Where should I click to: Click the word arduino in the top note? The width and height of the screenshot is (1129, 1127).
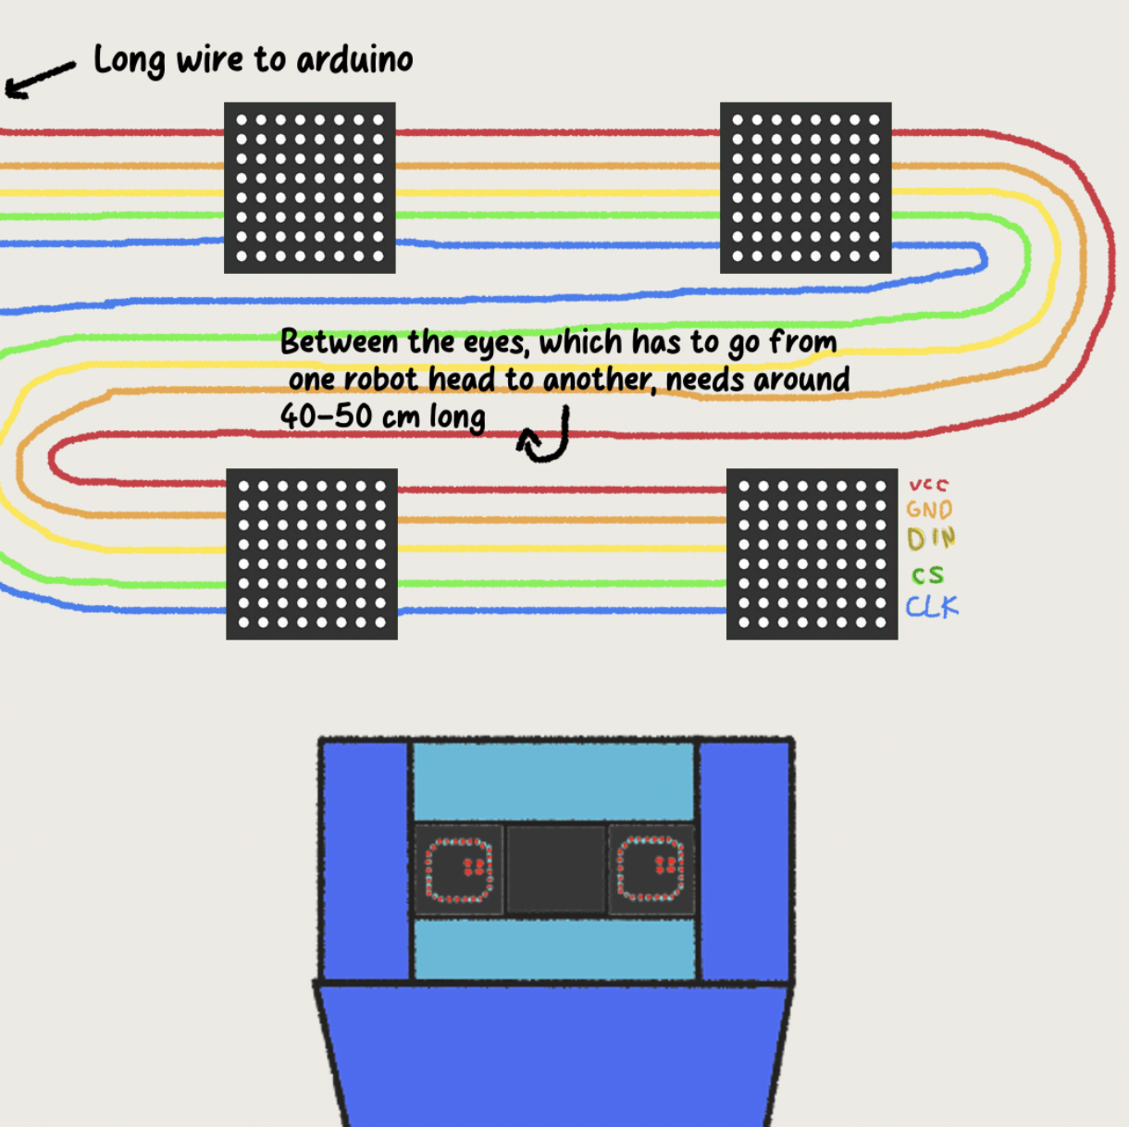click(x=354, y=61)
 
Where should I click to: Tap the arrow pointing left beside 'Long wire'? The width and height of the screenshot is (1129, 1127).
click(x=39, y=80)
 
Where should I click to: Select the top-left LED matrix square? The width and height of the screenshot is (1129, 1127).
click(x=310, y=188)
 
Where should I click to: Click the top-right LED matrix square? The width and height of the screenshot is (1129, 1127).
click(x=805, y=188)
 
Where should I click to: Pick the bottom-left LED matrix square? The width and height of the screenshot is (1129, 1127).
click(x=312, y=554)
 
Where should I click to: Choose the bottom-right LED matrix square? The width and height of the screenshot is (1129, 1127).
click(x=812, y=554)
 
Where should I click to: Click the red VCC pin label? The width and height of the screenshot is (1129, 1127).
click(x=928, y=485)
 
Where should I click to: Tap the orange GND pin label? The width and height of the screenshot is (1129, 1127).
click(x=929, y=510)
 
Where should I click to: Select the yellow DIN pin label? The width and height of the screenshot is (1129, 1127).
click(x=931, y=539)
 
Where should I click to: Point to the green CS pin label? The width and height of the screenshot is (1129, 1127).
click(x=927, y=576)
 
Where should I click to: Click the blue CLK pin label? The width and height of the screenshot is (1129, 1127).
click(x=932, y=607)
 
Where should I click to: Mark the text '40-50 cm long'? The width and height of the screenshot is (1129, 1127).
click(x=382, y=416)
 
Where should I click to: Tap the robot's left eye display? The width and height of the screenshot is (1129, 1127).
click(x=458, y=869)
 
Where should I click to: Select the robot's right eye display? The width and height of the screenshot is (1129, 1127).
click(x=651, y=869)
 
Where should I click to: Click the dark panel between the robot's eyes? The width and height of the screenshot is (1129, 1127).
click(x=555, y=869)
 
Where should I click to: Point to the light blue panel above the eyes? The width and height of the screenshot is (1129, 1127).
click(x=553, y=781)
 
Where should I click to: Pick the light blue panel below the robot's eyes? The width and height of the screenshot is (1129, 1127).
click(x=553, y=948)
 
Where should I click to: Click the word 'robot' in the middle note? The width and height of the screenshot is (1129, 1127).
click(x=380, y=379)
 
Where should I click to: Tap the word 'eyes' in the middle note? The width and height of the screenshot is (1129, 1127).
click(x=497, y=342)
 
